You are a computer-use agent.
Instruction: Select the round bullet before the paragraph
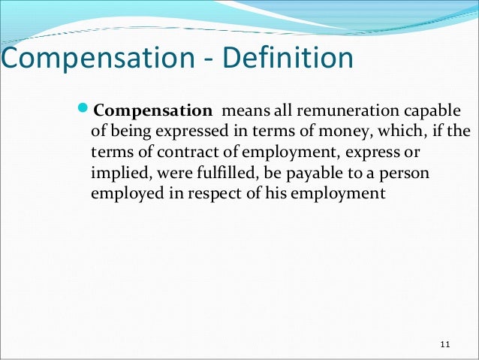click(84, 112)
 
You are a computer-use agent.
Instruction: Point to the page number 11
click(444, 344)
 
